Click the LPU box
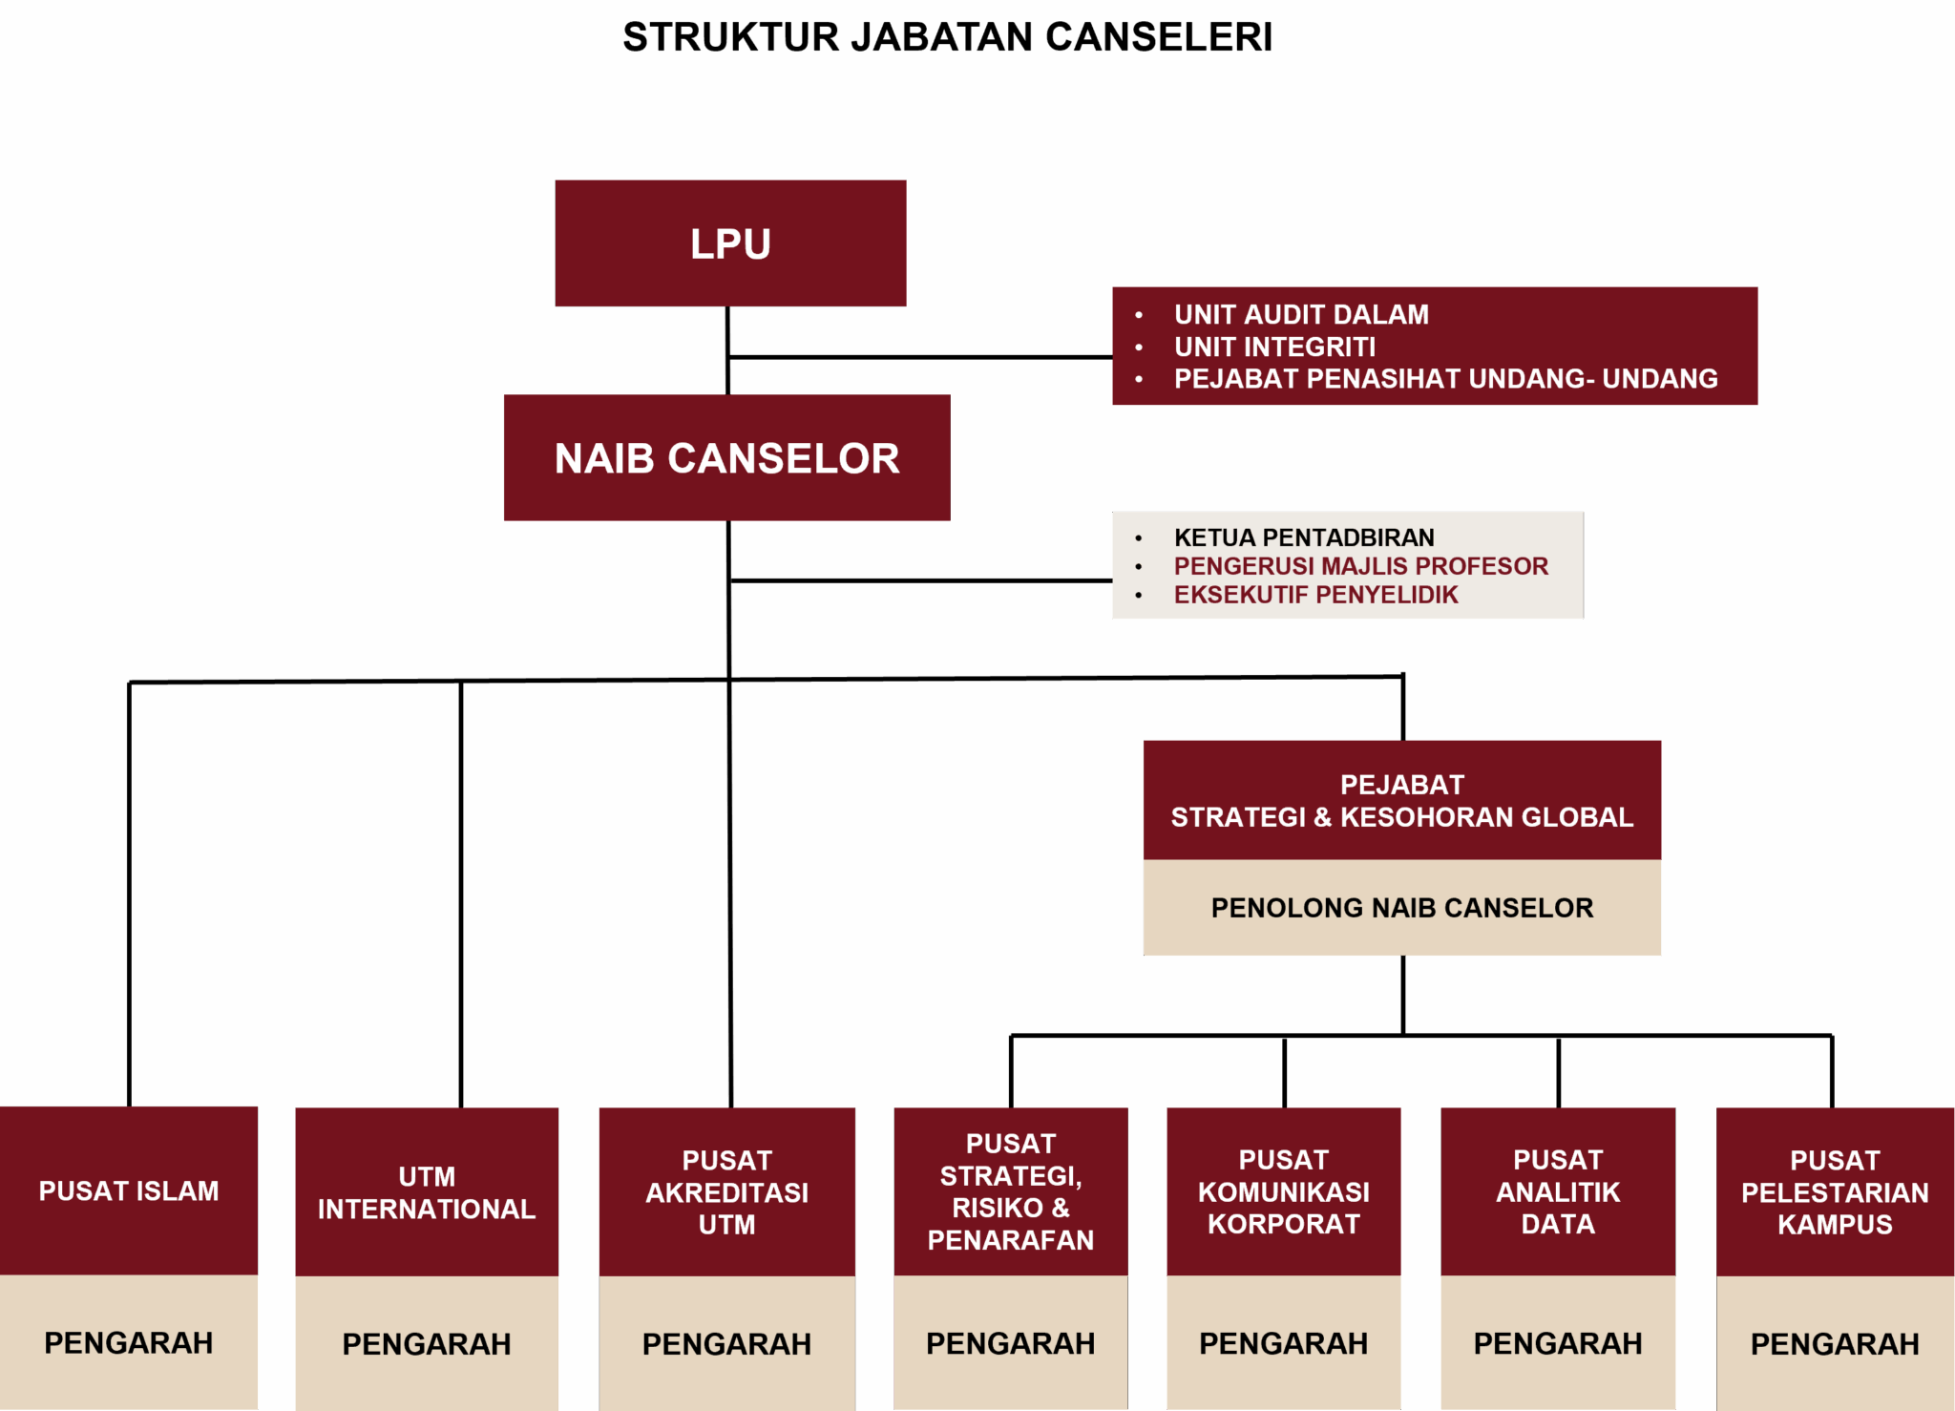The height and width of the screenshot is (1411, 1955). click(730, 243)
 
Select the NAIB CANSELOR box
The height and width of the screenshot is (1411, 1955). click(726, 458)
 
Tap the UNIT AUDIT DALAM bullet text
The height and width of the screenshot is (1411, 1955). click(1301, 314)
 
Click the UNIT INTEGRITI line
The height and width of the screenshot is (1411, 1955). click(1274, 347)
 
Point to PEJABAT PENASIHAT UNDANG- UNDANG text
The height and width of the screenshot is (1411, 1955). click(1445, 379)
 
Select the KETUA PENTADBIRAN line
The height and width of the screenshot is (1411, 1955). click(1304, 537)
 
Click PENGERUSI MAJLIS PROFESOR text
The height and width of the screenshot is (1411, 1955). click(1360, 566)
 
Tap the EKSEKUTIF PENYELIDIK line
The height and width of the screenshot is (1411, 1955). click(1315, 595)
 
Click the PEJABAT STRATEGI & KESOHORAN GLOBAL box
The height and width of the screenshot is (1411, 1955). click(1401, 801)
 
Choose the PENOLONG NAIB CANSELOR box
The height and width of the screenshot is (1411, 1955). click(1401, 908)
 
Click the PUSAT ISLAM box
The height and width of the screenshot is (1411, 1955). click(129, 1191)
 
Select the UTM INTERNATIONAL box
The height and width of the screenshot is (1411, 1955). click(427, 1192)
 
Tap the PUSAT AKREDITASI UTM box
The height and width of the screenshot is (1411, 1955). click(726, 1192)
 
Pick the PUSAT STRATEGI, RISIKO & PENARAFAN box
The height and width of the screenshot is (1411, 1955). click(1011, 1191)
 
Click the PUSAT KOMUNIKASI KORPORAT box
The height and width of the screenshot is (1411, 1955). click(1283, 1191)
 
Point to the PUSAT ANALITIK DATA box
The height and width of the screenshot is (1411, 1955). click(1558, 1191)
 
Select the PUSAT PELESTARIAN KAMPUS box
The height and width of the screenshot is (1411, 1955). click(1835, 1192)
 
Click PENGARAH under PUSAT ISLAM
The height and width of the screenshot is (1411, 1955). click(129, 1342)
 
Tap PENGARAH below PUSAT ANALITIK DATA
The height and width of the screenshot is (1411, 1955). click(1558, 1343)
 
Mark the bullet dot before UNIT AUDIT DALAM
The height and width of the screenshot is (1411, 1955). click(1139, 315)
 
